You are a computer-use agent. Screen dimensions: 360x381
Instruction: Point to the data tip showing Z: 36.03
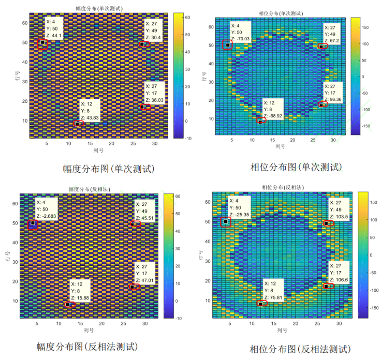[x=154, y=93]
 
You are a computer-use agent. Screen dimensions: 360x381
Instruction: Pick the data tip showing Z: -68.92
[x=272, y=109]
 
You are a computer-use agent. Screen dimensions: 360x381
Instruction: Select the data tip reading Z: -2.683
[x=48, y=208]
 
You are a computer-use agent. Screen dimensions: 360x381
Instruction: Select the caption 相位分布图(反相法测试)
[x=300, y=349]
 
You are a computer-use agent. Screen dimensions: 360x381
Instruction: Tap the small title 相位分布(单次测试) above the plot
[x=280, y=13]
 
